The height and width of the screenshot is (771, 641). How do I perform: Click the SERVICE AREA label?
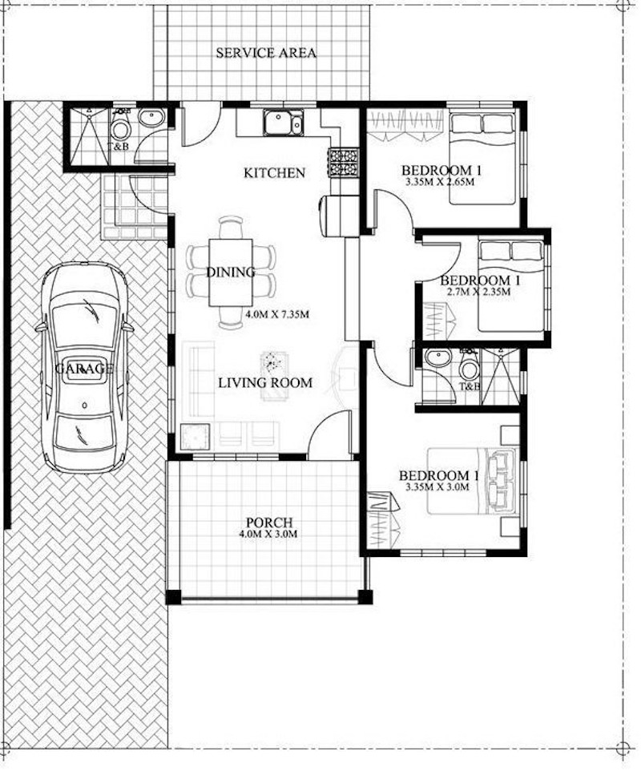coord(266,54)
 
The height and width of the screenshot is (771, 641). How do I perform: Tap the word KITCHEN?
coord(274,172)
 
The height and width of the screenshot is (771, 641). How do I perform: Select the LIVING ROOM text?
coord(265,382)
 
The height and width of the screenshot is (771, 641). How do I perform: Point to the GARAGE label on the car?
coord(83,369)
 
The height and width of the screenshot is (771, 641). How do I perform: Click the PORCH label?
coord(269,523)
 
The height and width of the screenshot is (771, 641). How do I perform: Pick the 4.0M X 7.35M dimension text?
coord(277,313)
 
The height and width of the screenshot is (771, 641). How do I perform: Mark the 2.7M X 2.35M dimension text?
coord(478,292)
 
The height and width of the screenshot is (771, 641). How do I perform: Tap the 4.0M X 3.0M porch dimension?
coord(269,535)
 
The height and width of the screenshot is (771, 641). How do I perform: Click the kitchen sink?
coord(280,123)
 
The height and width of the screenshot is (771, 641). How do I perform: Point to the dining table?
coord(231,272)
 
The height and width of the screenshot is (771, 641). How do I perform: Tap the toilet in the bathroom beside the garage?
coord(120,128)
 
